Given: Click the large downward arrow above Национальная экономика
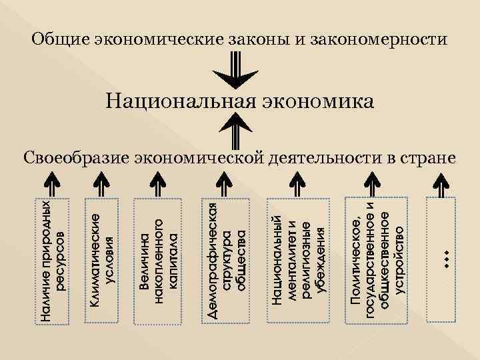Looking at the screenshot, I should [x=237, y=70].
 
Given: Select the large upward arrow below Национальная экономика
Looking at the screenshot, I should [x=237, y=131].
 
